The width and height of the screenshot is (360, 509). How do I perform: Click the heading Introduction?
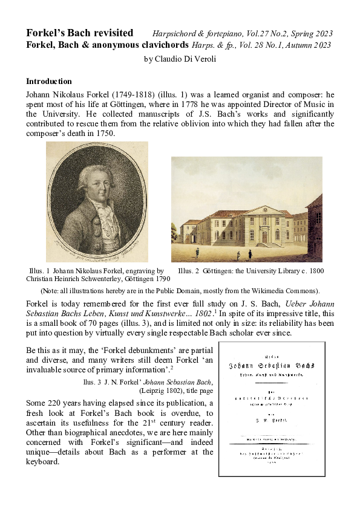[49, 81]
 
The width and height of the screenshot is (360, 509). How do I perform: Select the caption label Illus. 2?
[189, 271]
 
